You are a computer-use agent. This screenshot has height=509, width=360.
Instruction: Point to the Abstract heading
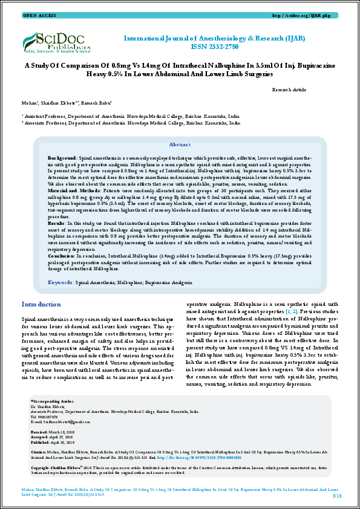point(180,145)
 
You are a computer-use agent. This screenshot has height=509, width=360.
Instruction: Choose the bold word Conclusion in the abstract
point(61,256)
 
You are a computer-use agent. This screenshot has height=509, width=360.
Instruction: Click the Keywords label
point(61,282)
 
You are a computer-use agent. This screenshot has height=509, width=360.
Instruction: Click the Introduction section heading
point(41,303)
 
